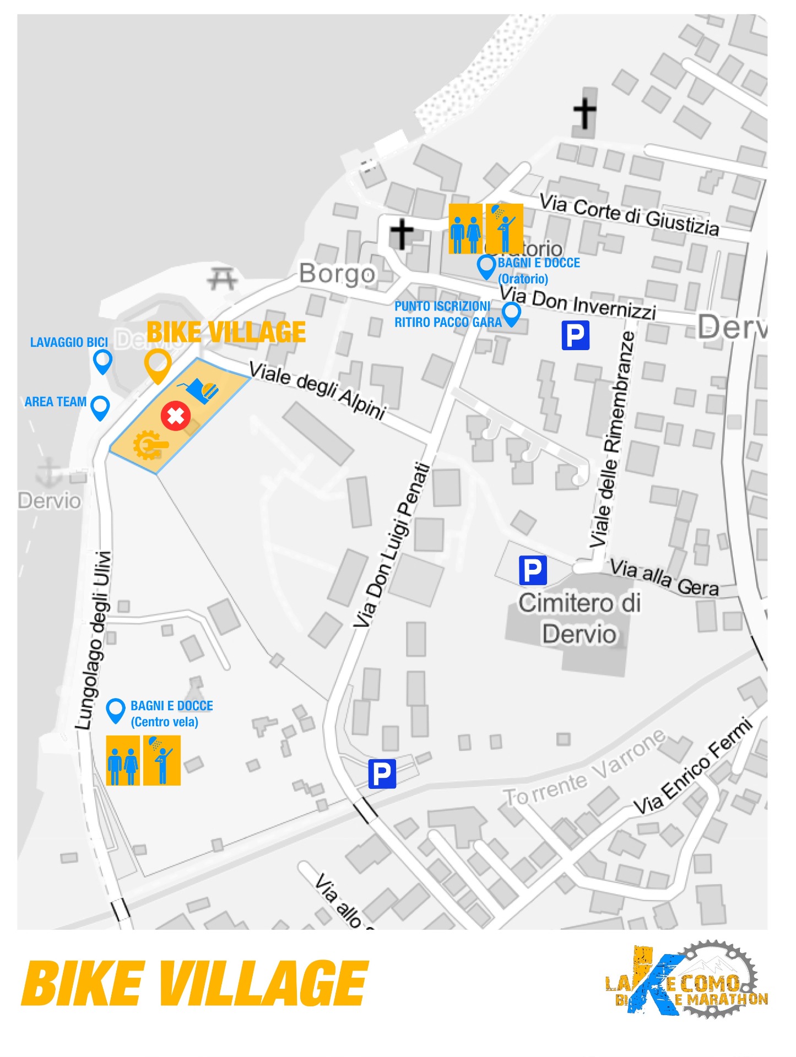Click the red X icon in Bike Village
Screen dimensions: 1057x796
click(x=176, y=416)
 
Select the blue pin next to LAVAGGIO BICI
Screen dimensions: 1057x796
click(x=103, y=362)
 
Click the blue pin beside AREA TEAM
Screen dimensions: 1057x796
click(x=100, y=407)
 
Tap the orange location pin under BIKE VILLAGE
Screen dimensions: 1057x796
click(x=158, y=365)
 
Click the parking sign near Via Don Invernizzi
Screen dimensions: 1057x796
click(x=576, y=335)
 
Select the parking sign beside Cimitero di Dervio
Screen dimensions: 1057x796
click(x=533, y=570)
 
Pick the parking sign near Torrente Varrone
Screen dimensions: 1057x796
click(x=382, y=773)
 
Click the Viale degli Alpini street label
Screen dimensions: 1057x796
click(x=318, y=390)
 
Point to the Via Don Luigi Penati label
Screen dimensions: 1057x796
click(x=392, y=545)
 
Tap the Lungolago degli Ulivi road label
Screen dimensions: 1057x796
click(x=94, y=640)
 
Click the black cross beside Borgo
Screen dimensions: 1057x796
click(x=402, y=233)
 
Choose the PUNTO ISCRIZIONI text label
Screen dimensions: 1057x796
click(x=442, y=306)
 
